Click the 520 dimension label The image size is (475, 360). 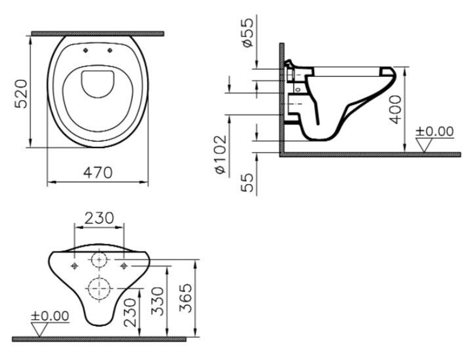[21, 94]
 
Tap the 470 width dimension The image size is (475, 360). [98, 172]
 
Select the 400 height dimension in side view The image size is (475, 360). [395, 109]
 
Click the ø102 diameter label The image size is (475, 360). [220, 154]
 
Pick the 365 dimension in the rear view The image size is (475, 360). [185, 298]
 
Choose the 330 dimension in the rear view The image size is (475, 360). [158, 301]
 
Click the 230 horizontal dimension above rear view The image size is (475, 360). [99, 218]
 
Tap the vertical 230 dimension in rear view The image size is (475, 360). [130, 313]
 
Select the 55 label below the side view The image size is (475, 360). [247, 182]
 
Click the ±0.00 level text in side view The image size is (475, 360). [435, 132]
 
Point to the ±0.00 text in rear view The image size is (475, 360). [50, 316]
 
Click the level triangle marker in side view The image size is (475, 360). [424, 145]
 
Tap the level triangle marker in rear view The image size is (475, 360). [39, 330]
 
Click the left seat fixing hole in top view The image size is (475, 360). [85, 50]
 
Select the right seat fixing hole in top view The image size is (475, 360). [110, 50]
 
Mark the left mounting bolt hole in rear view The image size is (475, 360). [75, 266]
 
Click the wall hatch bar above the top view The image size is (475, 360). [97, 34]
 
